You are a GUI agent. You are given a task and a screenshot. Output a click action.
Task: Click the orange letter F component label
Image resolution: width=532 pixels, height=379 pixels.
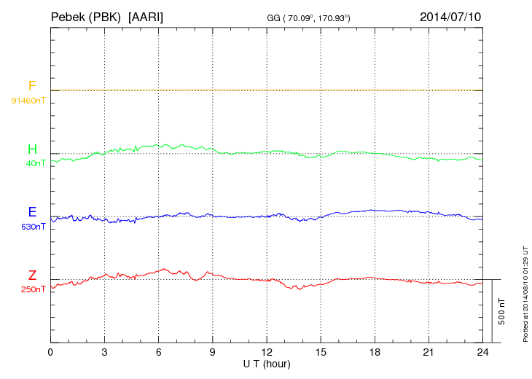[32, 86]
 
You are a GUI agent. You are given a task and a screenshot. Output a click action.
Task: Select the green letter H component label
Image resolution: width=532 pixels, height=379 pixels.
[32, 149]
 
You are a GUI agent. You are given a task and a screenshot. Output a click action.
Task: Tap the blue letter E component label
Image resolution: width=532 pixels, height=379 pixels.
[32, 212]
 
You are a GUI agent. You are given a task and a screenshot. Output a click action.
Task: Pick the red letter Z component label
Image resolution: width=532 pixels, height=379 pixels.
[32, 276]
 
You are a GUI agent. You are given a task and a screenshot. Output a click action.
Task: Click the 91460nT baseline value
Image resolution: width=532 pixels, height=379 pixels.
[28, 100]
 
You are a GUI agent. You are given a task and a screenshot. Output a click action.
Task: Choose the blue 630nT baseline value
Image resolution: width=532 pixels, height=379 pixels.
[34, 227]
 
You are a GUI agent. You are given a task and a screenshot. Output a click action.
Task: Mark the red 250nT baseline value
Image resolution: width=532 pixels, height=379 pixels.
[34, 289]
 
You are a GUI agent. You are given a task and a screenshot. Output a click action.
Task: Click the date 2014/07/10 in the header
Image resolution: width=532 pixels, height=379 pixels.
[450, 15]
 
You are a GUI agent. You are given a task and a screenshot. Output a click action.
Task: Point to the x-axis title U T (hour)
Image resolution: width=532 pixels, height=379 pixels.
[267, 363]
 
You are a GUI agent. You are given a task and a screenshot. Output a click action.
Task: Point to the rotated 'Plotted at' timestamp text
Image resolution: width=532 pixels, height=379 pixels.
[525, 292]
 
